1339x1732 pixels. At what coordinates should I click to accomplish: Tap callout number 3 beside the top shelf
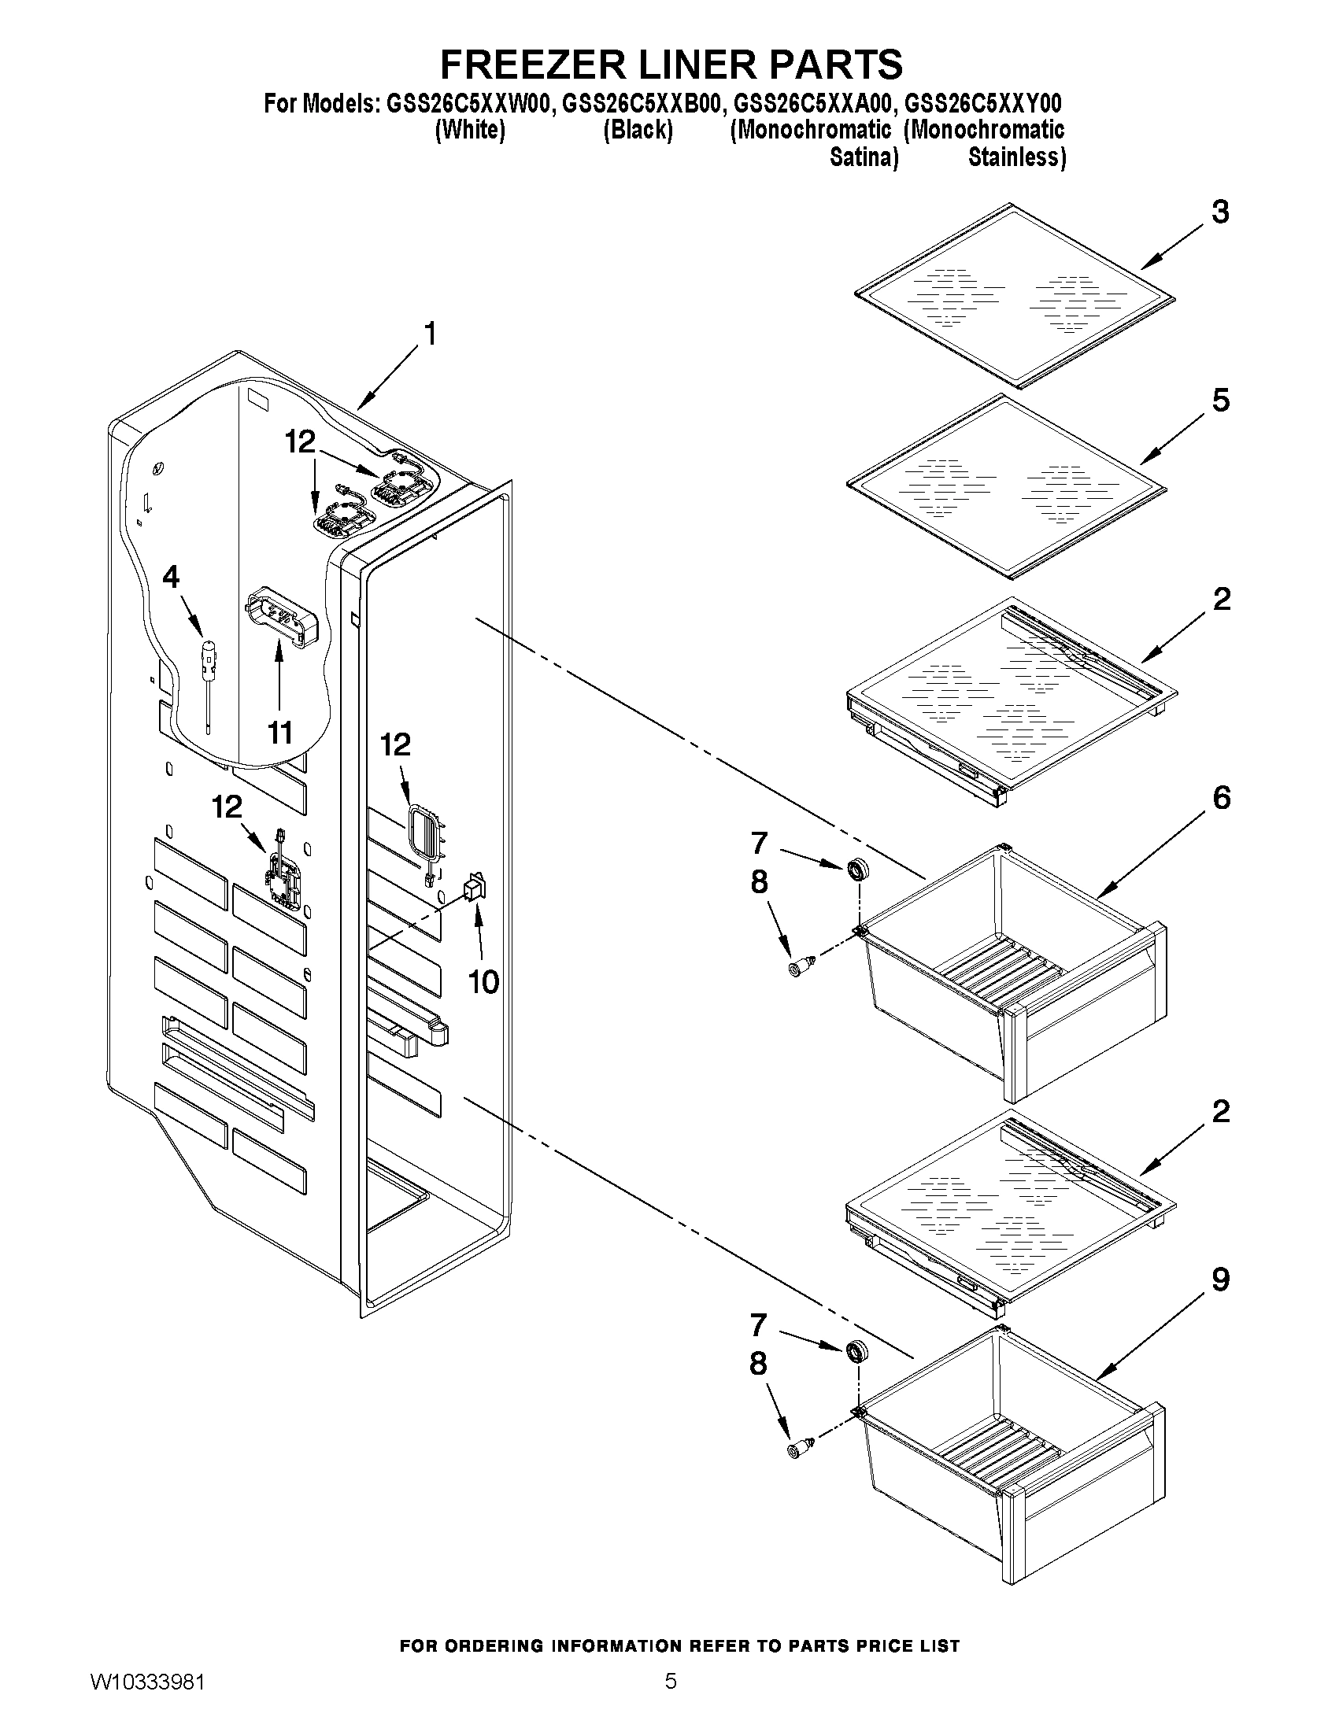pos(1220,212)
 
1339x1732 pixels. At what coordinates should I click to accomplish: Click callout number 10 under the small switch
pos(483,982)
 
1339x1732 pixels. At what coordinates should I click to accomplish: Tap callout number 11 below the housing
pos(279,733)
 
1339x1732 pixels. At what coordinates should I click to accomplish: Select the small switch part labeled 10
pos(475,887)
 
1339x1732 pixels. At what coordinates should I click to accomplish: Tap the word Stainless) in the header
pos(1016,157)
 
